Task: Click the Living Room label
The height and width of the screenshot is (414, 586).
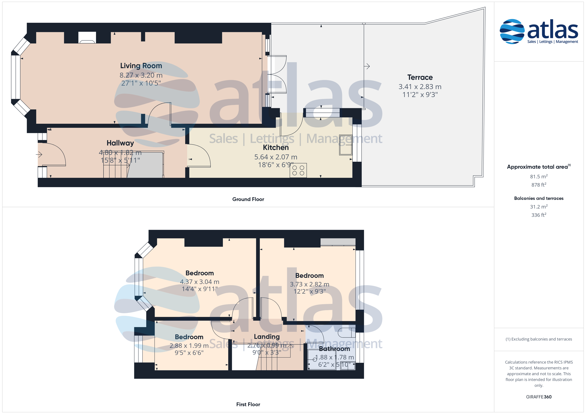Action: pos(141,66)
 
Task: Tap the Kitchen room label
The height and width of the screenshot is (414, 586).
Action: pos(276,148)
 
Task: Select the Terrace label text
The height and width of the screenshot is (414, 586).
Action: pos(420,77)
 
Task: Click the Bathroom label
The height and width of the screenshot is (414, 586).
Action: pos(334,349)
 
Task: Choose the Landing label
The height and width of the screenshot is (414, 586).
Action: pos(267,337)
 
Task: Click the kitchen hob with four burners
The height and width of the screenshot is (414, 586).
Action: pos(298,171)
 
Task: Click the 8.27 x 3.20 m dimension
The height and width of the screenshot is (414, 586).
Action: pos(141,75)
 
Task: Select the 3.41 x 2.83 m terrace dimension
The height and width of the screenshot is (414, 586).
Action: pos(420,87)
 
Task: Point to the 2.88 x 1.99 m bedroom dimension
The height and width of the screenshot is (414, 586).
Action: pos(189,346)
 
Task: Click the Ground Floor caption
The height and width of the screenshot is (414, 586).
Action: pos(248,199)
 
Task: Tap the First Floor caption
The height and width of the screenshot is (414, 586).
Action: pos(248,404)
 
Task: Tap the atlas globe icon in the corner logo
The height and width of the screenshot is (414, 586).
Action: pos(512,31)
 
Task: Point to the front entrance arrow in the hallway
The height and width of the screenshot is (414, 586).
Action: pos(39,154)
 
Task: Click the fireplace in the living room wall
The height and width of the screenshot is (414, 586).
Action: pos(87,37)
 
